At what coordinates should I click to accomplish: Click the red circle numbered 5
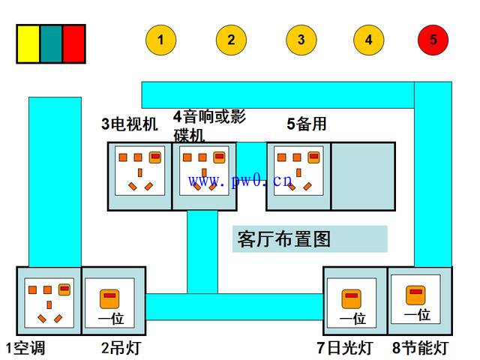coord(433,40)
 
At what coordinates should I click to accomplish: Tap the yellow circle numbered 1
coord(160,40)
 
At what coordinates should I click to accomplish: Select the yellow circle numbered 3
coord(301,40)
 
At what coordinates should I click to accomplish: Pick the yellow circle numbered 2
coord(231,40)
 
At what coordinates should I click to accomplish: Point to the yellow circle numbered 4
coord(368,40)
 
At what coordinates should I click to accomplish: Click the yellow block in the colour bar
coord(28,44)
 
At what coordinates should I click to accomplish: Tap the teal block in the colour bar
coord(51,44)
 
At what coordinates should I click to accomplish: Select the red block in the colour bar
coord(73,44)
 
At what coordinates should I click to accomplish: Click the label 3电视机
coord(130,124)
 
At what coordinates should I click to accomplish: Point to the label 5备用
coord(307,124)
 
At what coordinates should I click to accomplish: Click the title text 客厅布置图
coord(283,239)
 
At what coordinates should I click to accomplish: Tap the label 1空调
coord(25,348)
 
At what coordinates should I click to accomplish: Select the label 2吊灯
coord(121,348)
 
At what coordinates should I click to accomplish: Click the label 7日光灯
coord(345,348)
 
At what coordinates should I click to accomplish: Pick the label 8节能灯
coord(421,348)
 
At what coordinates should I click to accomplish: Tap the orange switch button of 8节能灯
coord(415,295)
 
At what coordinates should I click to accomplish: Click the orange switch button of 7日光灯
coord(352,298)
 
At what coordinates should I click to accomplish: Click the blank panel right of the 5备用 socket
coord(363,176)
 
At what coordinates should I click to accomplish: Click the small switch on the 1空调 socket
coord(64,289)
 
